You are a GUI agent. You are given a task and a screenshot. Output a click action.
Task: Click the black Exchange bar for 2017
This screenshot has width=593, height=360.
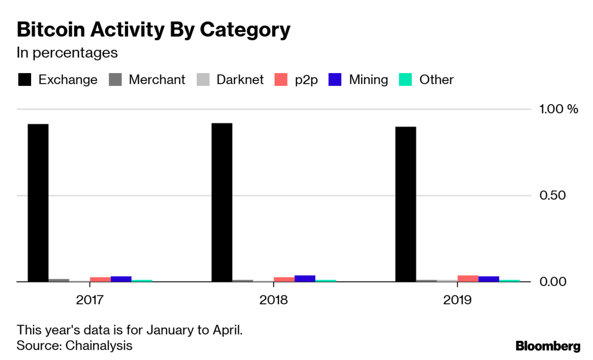38,202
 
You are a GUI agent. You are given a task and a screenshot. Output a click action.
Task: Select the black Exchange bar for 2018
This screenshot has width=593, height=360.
222,202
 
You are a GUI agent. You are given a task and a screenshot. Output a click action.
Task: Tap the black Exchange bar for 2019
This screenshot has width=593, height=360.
406,204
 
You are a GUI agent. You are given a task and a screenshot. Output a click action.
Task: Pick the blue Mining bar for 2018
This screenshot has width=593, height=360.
305,279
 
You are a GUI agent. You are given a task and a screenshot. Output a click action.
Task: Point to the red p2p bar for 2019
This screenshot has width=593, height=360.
468,279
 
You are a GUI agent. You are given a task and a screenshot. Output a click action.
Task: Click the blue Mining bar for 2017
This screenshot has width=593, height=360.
121,279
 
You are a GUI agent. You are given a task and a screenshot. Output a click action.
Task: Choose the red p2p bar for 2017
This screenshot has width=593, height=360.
100,280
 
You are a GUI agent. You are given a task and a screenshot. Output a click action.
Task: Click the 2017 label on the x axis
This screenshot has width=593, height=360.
89,300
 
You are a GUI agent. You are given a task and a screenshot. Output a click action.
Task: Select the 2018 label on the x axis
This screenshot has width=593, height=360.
273,300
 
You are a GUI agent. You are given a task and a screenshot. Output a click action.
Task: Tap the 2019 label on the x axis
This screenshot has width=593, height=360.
457,300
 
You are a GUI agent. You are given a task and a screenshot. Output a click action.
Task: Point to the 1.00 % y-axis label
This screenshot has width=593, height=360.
557,109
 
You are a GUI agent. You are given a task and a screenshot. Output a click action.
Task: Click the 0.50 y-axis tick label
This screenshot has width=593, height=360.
552,196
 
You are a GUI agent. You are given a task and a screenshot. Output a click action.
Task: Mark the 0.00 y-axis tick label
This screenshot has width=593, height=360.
552,282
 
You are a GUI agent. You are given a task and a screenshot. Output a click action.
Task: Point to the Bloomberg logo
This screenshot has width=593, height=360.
548,346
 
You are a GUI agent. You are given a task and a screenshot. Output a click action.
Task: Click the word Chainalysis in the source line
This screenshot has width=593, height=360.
99,345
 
